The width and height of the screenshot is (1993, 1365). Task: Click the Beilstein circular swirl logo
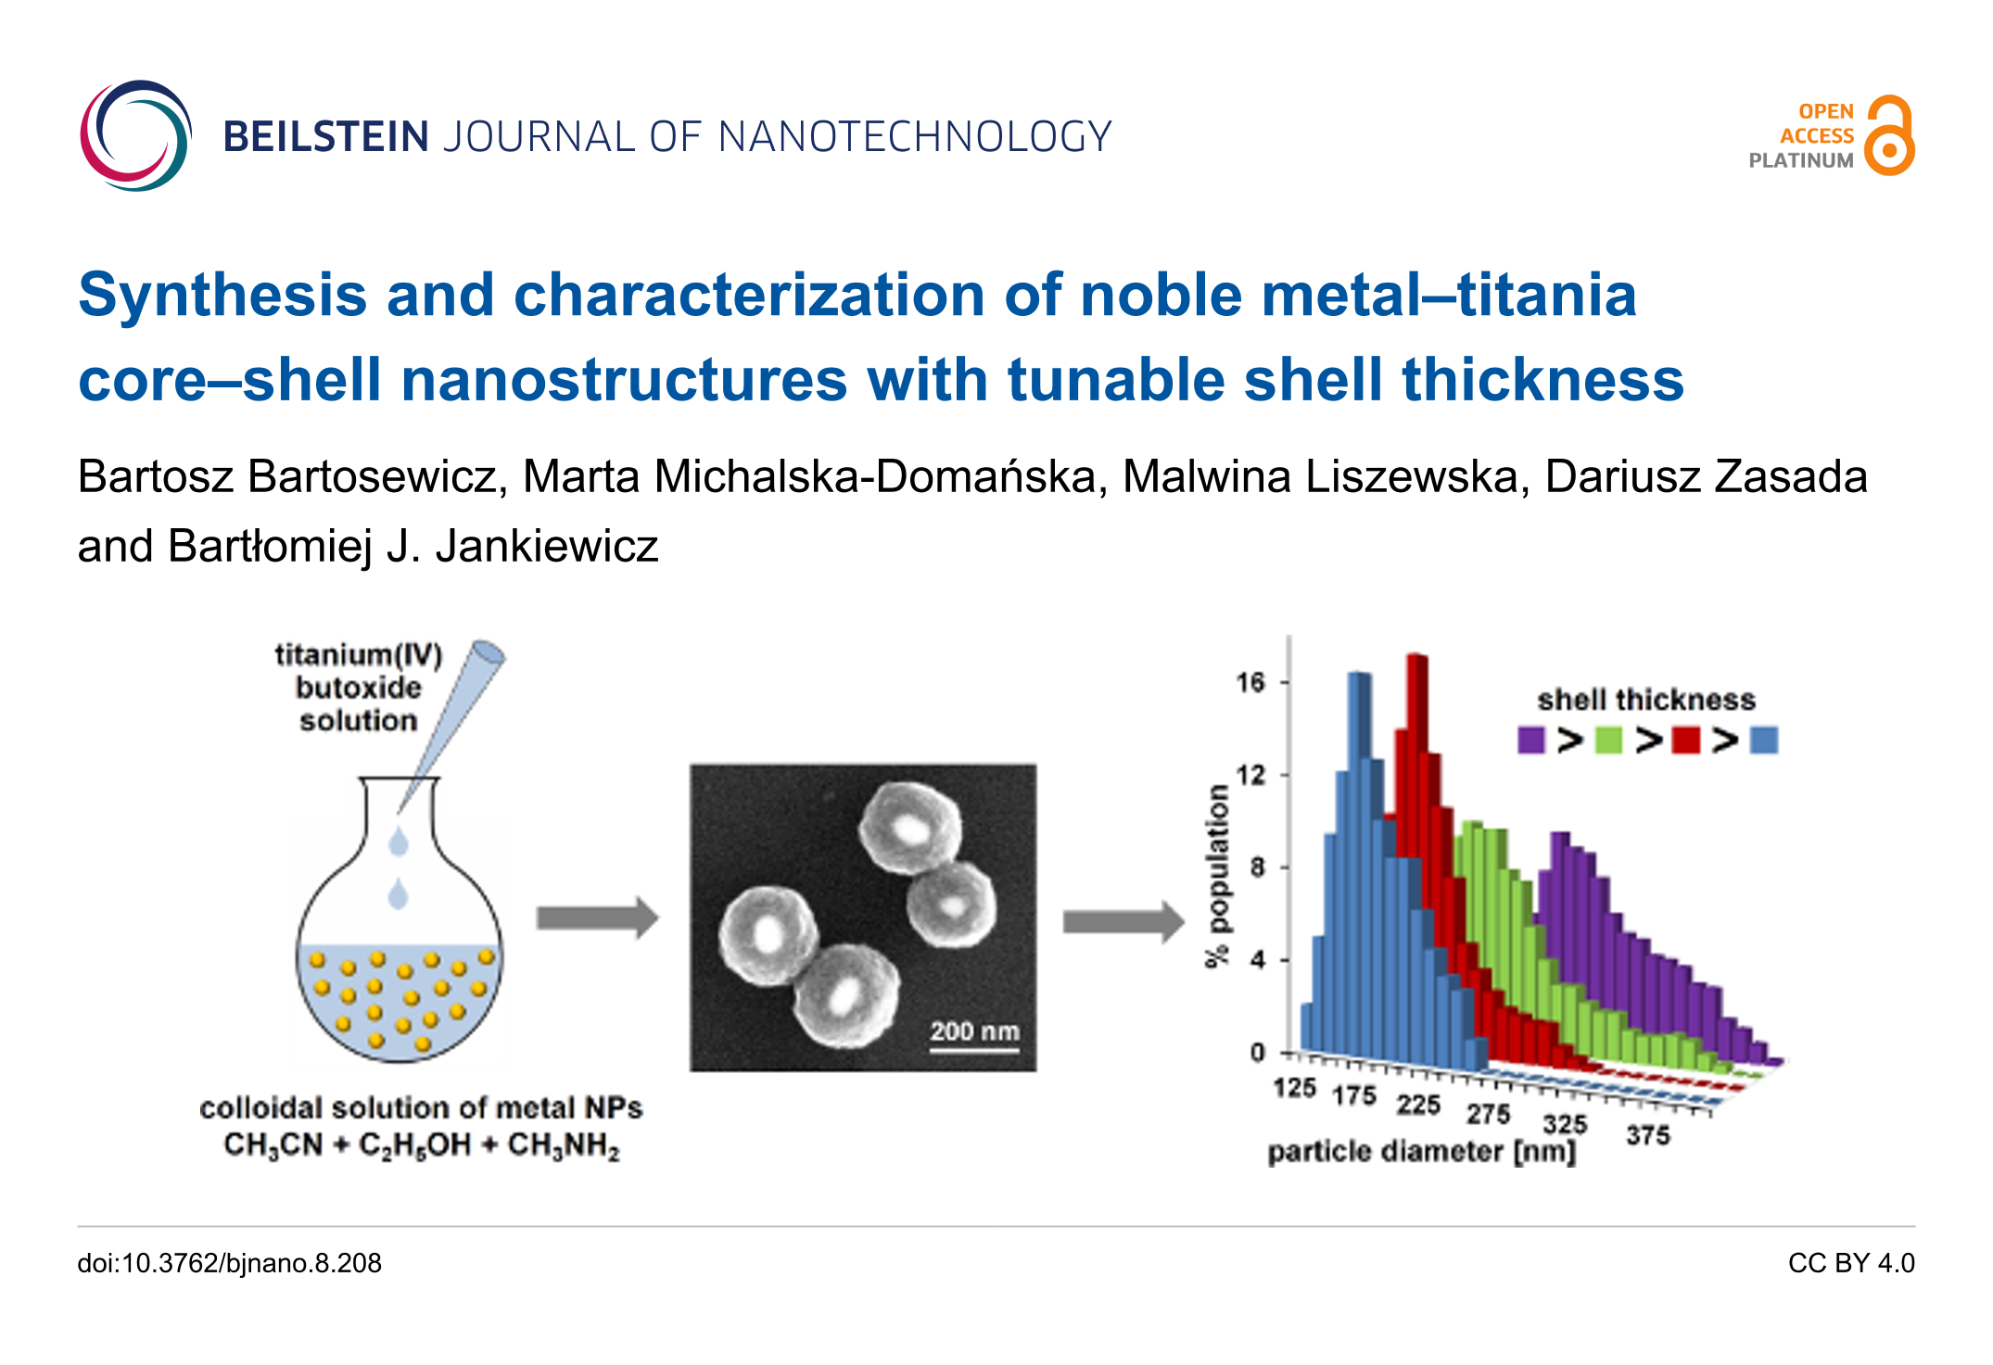(x=136, y=136)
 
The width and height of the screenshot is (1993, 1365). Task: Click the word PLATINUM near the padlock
(x=1800, y=160)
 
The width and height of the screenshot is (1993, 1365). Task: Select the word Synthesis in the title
(x=222, y=295)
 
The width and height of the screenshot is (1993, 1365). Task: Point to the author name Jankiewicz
(x=546, y=546)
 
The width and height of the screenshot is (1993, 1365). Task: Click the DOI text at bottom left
(x=229, y=1263)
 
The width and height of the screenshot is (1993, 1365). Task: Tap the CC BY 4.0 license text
(x=1850, y=1263)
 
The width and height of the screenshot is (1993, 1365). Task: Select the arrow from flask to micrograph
(x=597, y=917)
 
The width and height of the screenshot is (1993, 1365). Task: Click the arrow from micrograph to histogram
(x=1123, y=921)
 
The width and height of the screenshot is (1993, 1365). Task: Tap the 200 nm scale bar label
(x=974, y=1031)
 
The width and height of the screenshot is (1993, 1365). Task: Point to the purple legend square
(x=1531, y=739)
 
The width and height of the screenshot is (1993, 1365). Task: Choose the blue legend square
(x=1763, y=739)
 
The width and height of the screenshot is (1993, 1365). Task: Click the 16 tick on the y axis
(x=1250, y=683)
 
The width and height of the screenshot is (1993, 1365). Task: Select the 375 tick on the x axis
(x=1647, y=1135)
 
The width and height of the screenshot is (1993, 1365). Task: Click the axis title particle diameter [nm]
(x=1421, y=1152)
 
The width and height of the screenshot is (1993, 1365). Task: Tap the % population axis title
(x=1217, y=876)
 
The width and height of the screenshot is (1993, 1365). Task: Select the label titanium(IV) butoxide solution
(x=359, y=688)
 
